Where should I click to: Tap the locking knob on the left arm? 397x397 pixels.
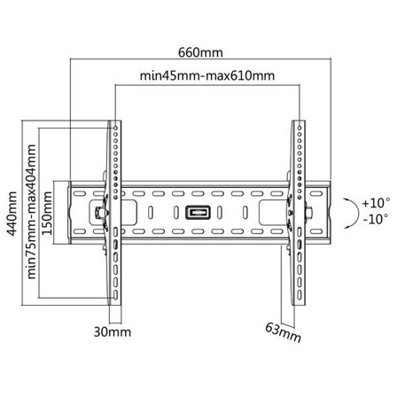point(98,213)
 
